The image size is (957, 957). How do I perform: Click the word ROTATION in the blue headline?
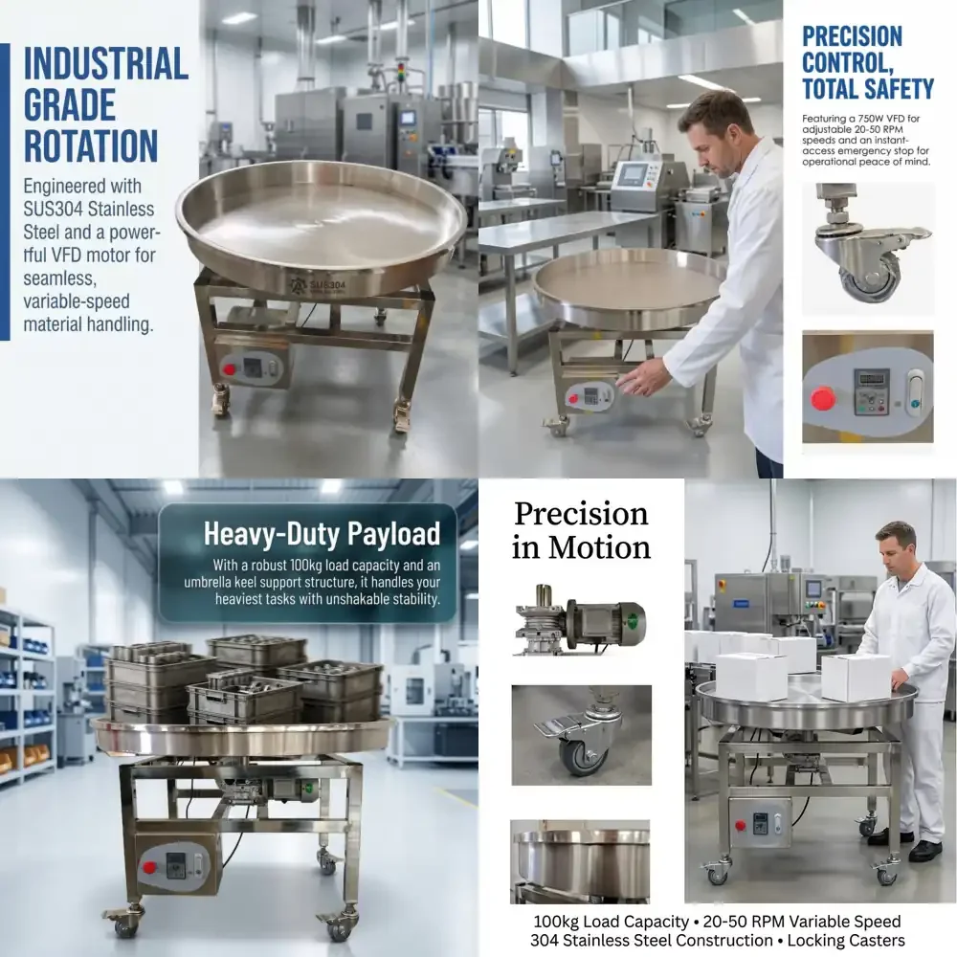(91, 146)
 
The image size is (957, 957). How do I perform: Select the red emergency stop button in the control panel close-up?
(823, 398)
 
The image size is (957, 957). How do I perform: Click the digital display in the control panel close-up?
(871, 378)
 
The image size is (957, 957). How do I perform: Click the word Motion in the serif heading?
(599, 547)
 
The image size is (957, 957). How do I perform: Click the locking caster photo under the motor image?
(581, 735)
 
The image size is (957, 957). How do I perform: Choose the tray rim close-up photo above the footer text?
(580, 861)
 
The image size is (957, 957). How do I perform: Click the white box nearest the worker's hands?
(856, 678)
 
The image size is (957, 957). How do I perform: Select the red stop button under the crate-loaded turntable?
(149, 867)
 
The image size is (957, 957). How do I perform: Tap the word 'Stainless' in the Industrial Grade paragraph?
(120, 209)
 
